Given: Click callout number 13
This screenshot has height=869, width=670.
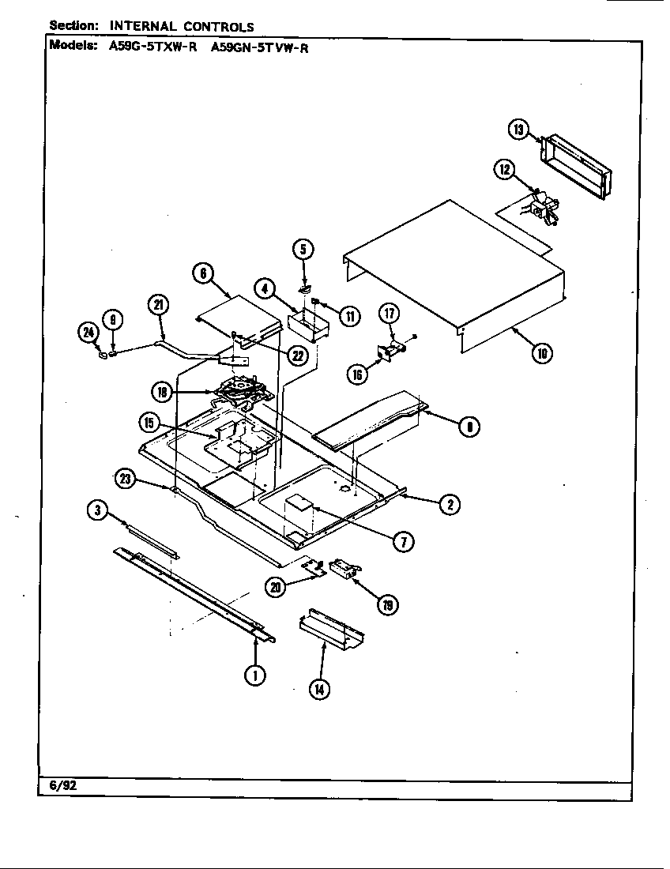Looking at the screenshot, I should point(518,130).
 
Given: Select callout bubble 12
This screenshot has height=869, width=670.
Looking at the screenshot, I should point(505,168).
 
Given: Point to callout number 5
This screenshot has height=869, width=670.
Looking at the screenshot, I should point(303,250).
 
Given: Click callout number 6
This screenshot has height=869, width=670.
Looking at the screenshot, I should point(203,273).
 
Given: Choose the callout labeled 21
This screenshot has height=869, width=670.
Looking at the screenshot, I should point(159,304).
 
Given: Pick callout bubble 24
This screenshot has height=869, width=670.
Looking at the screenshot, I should point(88,333).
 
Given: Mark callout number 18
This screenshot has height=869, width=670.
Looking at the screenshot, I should point(162,391).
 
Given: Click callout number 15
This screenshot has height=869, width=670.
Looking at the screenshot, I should point(149,423).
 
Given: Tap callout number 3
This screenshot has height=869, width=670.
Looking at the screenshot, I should point(97,511).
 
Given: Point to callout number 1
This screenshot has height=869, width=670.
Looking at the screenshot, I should point(254,674).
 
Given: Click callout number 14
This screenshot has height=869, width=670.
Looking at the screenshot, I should point(319,689).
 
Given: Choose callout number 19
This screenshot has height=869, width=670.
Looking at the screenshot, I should point(387,605).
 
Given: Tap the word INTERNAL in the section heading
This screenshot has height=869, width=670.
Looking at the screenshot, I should point(141,26).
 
